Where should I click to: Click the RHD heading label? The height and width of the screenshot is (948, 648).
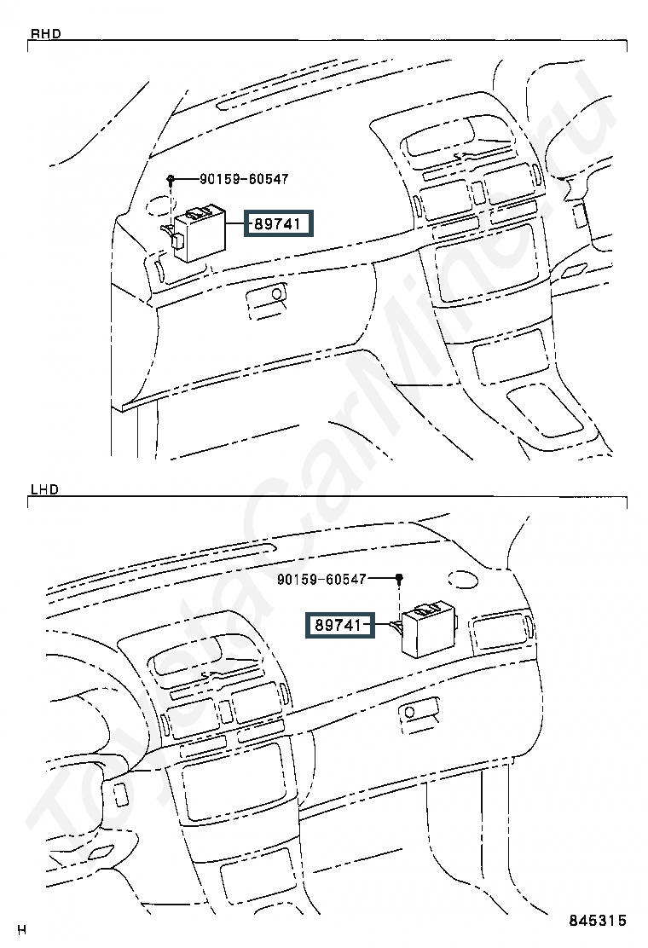tap(45, 34)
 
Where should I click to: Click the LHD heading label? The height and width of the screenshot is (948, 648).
tap(44, 488)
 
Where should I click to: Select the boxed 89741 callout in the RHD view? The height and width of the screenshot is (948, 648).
tap(279, 223)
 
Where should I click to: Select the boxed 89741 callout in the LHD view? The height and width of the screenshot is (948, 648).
tap(339, 625)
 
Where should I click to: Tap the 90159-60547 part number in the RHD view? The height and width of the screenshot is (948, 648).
tap(244, 179)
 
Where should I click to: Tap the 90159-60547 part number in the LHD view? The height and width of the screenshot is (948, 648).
tap(321, 579)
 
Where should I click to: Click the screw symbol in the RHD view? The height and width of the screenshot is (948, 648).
tap(171, 178)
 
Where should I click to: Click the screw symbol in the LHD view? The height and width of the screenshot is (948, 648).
tap(400, 579)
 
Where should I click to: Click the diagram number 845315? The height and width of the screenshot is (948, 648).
tap(597, 920)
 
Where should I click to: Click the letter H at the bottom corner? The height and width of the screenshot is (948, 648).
tap(22, 930)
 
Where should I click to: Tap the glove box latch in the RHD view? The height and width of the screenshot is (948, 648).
tap(267, 298)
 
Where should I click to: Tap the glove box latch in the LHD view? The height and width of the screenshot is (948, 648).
tap(419, 711)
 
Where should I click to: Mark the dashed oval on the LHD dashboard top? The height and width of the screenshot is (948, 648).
tap(463, 579)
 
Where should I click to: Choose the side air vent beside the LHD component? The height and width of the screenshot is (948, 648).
tap(501, 632)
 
